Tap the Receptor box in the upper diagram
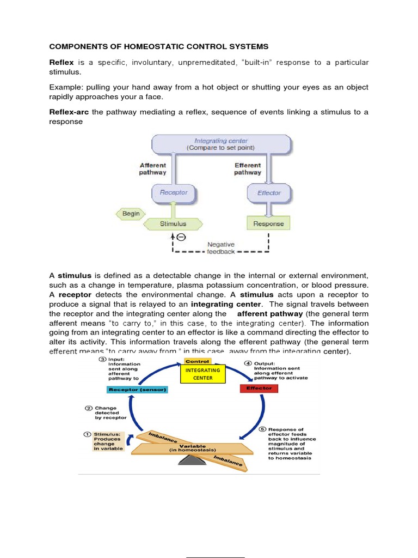click(x=173, y=192)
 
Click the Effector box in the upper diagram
click(x=269, y=192)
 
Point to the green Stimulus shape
click(x=173, y=223)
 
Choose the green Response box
click(x=268, y=223)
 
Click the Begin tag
click(x=130, y=214)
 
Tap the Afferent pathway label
click(x=153, y=169)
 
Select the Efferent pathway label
click(x=248, y=169)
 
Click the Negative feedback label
click(x=221, y=248)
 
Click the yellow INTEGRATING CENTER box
click(x=202, y=374)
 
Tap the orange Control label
click(x=197, y=361)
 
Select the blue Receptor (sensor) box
click(x=137, y=390)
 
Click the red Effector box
click(x=259, y=389)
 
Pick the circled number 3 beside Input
click(x=102, y=359)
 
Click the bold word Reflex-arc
click(x=69, y=112)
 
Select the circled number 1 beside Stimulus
click(x=87, y=434)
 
